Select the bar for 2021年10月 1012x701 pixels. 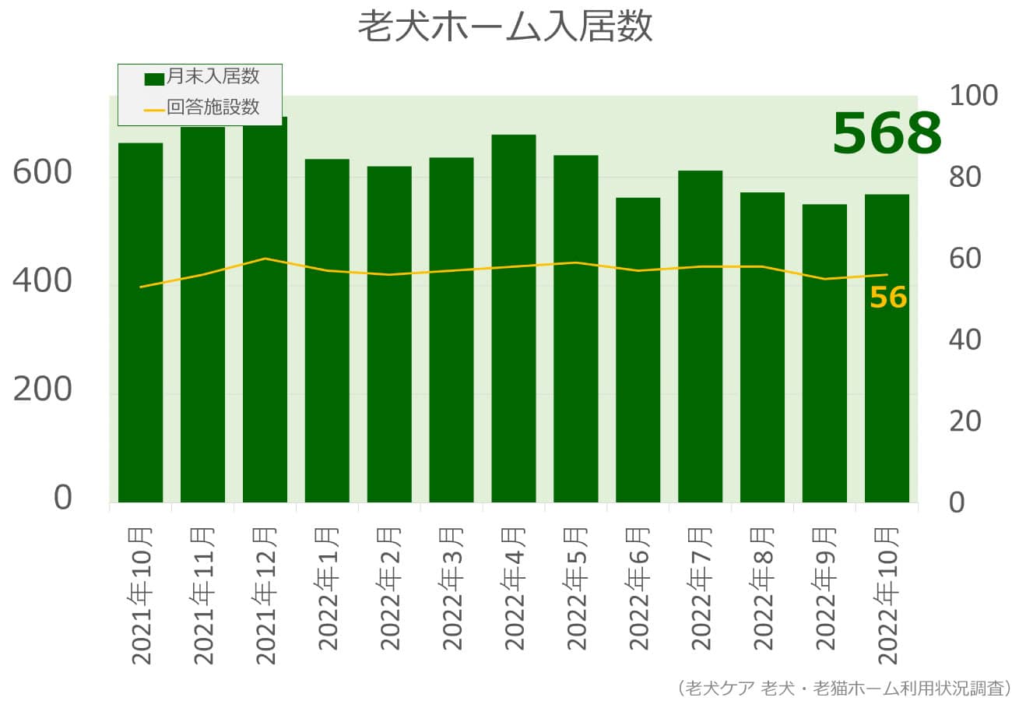coord(140,322)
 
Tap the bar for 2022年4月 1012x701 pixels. coord(514,319)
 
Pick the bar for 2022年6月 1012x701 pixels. coord(638,350)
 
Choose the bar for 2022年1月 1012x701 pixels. coord(327,330)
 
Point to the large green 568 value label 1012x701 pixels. coord(887,133)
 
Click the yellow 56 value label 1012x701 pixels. coord(888,298)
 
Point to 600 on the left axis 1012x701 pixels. coord(43,174)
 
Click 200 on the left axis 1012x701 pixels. coord(43,391)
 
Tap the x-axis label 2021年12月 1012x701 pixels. coord(265,596)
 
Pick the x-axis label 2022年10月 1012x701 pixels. coord(887,596)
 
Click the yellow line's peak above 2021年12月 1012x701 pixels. coord(265,258)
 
